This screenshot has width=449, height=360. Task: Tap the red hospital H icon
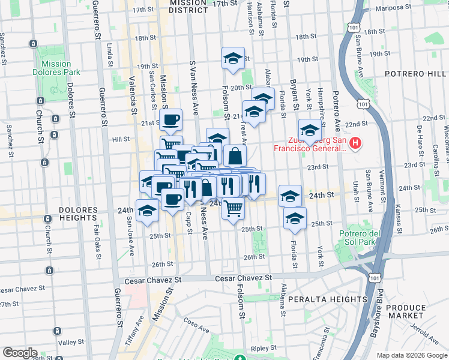(x=355, y=143)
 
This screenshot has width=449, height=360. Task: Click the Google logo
(x=20, y=352)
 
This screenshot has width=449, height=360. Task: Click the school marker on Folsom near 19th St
(x=233, y=59)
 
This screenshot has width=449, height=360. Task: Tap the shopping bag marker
(x=235, y=156)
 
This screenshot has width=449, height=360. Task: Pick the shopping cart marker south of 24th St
(x=233, y=208)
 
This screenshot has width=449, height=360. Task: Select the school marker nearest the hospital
(x=310, y=130)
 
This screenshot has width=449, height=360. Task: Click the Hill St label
(x=121, y=139)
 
